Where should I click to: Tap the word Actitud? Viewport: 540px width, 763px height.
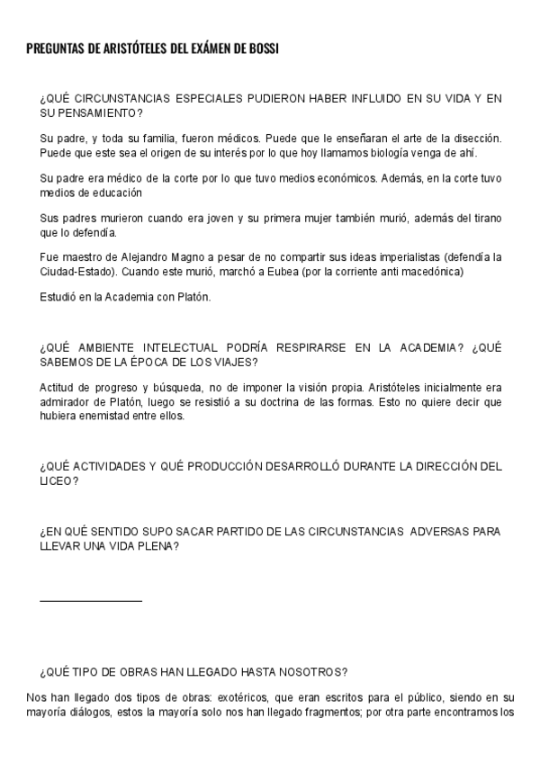tap(58, 388)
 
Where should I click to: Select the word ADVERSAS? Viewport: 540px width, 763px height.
tap(442, 532)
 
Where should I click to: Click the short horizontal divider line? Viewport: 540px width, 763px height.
tap(91, 599)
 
